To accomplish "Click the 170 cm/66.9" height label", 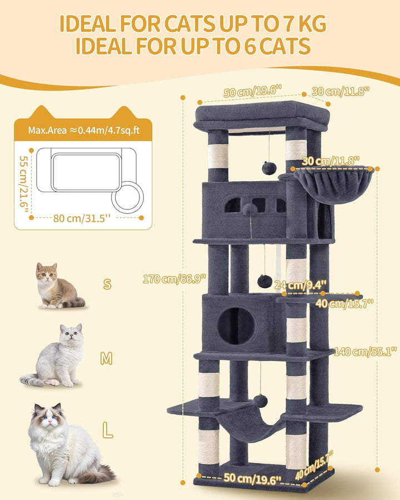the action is tap(174, 279).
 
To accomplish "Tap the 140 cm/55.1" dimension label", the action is tap(365, 352).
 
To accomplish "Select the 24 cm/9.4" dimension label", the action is tap(301, 284).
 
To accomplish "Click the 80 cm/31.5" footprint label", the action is tap(82, 218).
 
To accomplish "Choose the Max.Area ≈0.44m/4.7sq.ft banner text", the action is tap(84, 130).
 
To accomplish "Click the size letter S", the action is tap(107, 283).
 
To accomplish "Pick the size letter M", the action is tap(106, 359).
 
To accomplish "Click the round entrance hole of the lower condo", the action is tap(236, 326).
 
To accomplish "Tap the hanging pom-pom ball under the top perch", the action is tap(268, 168).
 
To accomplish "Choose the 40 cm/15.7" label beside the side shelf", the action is tap(344, 303).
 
